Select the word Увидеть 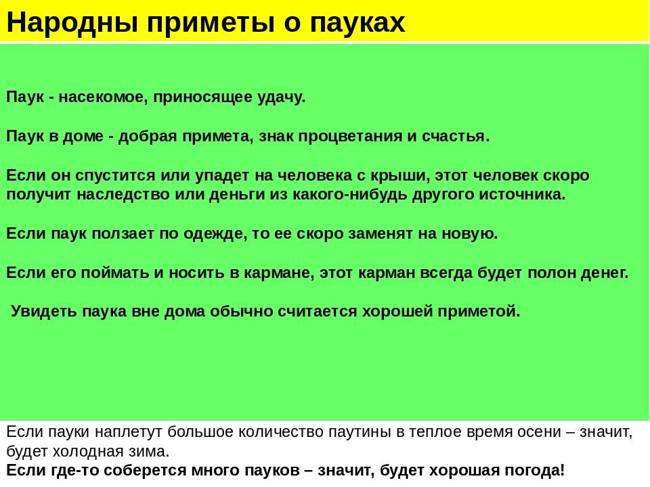pos(43,312)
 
